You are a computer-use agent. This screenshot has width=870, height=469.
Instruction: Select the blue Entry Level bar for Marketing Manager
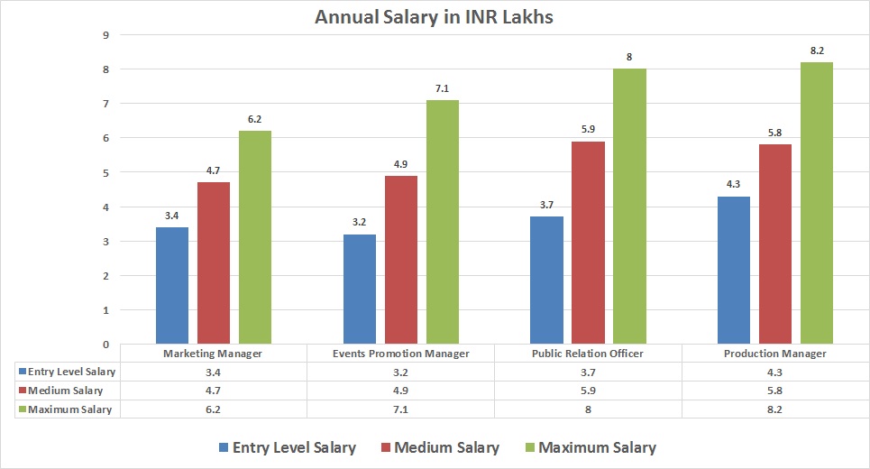(172, 285)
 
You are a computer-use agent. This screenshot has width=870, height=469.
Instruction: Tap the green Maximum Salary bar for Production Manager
(817, 203)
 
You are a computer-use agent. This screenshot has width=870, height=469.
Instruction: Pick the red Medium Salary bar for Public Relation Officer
(588, 243)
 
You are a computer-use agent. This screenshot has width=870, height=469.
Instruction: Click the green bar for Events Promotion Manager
(443, 222)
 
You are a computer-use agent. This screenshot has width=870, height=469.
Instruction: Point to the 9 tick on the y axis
(106, 35)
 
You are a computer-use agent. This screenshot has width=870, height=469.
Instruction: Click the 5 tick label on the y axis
(106, 173)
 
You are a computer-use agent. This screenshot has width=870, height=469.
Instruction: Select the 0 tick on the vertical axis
(106, 345)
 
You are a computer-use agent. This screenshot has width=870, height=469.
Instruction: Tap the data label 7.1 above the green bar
(443, 88)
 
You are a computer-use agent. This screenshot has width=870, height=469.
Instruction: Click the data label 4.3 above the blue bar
(734, 185)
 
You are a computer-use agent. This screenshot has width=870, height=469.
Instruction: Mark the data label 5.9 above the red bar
(588, 130)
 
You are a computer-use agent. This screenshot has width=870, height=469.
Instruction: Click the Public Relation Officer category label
(589, 354)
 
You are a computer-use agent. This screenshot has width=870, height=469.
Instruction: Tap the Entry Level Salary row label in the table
(71, 372)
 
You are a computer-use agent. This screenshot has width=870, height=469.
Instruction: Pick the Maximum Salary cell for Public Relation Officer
(589, 409)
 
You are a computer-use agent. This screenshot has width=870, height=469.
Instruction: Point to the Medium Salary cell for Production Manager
(775, 391)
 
